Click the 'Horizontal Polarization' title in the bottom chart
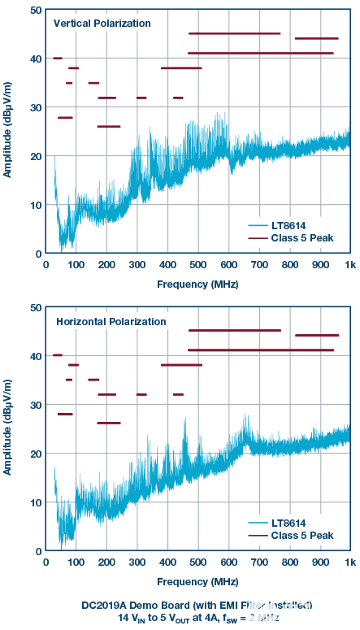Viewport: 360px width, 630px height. pyautogui.click(x=111, y=321)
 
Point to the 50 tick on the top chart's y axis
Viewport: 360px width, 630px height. pyautogui.click(x=35, y=10)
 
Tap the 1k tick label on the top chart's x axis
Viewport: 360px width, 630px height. pyautogui.click(x=349, y=266)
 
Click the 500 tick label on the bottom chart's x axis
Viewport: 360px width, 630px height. pyautogui.click(x=197, y=563)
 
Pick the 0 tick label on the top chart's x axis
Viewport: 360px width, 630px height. pyautogui.click(x=46, y=266)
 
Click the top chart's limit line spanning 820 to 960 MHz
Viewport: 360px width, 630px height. pyautogui.click(x=316, y=38)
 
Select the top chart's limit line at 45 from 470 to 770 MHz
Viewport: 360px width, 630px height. pyautogui.click(x=234, y=33)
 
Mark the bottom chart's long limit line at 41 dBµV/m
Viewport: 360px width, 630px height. pyautogui.click(x=260, y=350)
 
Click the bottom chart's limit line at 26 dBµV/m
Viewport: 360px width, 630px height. pyautogui.click(x=108, y=423)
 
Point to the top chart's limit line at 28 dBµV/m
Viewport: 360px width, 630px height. pyautogui.click(x=65, y=118)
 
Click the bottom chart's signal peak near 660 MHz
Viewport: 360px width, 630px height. pyautogui.click(x=246, y=417)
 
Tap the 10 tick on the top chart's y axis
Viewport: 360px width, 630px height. pyautogui.click(x=35, y=205)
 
